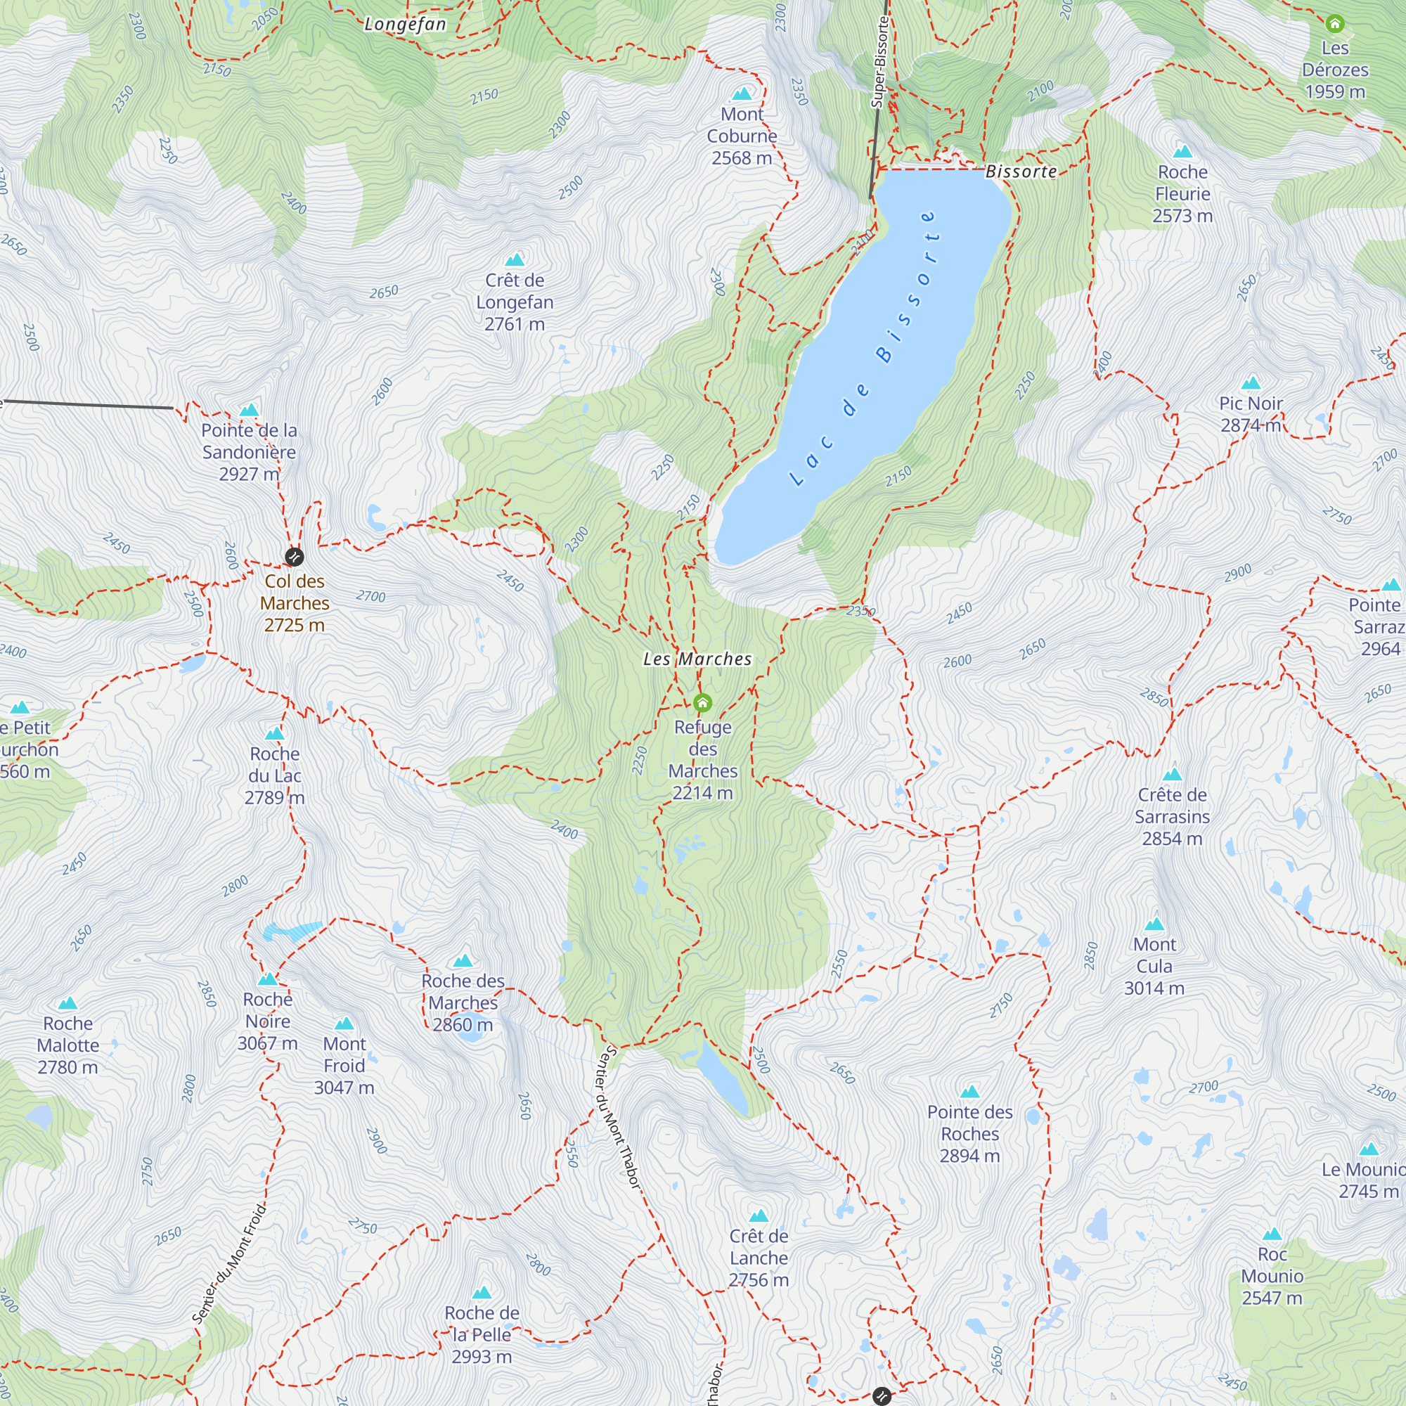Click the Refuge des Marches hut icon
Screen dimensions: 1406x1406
(702, 702)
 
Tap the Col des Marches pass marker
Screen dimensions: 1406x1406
(294, 557)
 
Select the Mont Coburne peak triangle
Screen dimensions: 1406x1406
(742, 94)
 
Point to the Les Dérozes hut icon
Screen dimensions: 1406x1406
(1335, 24)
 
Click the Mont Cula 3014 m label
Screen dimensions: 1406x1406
(1154, 966)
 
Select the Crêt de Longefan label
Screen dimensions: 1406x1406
(515, 302)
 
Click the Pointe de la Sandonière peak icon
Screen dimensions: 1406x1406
(249, 410)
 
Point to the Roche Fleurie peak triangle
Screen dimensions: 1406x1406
(1182, 151)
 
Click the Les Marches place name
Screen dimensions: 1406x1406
(697, 659)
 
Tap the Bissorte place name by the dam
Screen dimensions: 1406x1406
(1021, 172)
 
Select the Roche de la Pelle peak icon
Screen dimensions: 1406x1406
(482, 1293)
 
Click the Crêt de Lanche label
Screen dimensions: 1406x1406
(759, 1258)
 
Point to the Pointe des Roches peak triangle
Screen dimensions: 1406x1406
(969, 1092)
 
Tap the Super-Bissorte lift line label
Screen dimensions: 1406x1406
(880, 62)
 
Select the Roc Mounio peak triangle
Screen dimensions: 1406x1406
(1272, 1234)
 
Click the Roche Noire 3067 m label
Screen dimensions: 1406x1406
(268, 1021)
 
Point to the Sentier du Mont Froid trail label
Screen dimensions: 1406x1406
(229, 1263)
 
